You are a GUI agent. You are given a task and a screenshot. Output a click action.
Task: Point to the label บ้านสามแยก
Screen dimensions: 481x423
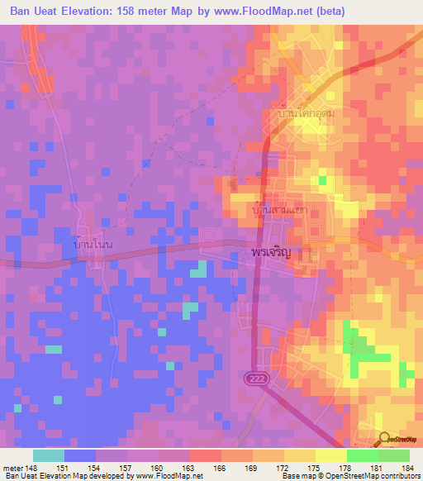point(279,210)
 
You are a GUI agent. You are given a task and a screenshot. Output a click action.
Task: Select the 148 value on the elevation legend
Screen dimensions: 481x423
point(31,467)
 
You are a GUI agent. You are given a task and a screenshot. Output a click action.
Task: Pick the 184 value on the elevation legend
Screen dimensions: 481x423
point(408,467)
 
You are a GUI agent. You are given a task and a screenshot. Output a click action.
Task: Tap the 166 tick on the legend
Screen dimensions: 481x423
point(220,467)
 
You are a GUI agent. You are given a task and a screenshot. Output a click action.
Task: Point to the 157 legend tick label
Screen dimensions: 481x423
point(126,467)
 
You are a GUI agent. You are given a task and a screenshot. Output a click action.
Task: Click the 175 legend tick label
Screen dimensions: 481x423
point(314,467)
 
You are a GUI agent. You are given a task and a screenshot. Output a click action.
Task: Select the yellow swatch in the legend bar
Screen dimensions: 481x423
point(330,455)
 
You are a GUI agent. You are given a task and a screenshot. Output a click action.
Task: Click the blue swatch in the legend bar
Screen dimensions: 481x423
point(80,455)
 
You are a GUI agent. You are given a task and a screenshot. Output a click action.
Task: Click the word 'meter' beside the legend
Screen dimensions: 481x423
point(12,467)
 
